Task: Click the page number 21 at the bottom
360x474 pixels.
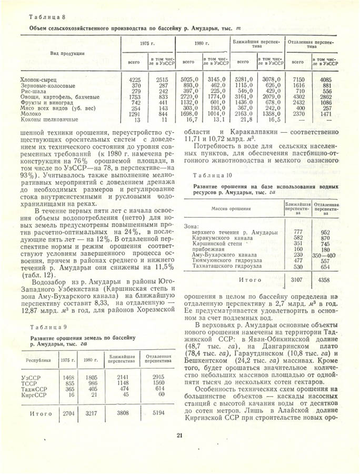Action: coord(179,434)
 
